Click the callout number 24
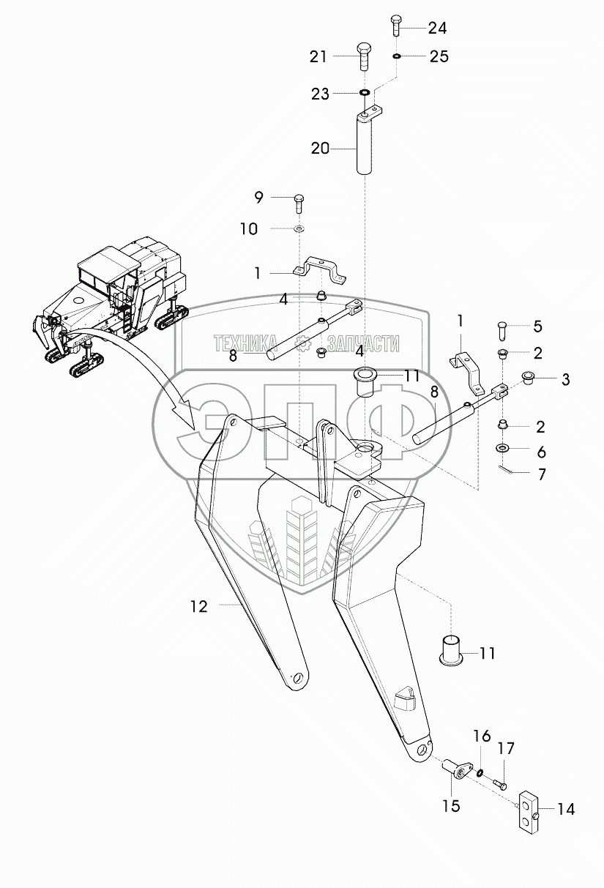437,29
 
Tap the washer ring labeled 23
364,94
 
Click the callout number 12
198,606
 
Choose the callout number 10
249,229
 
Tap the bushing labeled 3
526,378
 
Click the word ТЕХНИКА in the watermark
246,343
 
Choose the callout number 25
439,56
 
